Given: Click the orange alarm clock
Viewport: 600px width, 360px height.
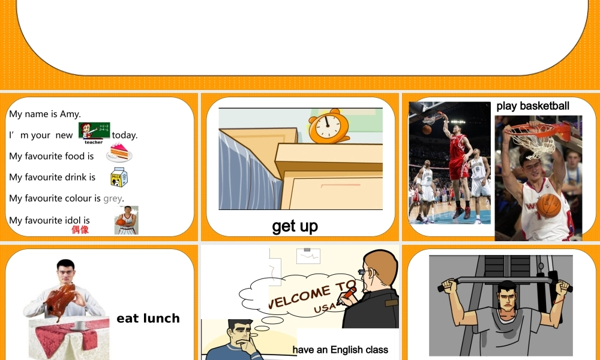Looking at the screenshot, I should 328,127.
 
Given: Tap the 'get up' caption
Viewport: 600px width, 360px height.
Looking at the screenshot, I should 295,226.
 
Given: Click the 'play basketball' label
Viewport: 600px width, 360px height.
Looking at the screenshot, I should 533,106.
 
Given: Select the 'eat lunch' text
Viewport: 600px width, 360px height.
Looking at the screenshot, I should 148,319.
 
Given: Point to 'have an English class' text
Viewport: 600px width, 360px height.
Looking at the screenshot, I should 340,350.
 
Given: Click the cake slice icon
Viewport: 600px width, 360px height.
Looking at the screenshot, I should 119,154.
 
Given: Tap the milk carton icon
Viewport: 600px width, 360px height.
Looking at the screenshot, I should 119,177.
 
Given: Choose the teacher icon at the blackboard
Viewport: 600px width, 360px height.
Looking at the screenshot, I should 94,132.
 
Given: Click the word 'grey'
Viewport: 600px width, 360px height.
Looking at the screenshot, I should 113,199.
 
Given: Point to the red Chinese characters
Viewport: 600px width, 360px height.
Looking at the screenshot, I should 80,230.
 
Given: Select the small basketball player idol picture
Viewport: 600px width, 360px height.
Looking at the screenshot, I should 126,220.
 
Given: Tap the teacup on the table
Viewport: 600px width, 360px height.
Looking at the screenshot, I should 79,325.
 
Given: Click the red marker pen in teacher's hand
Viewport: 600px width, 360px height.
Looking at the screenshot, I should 347,294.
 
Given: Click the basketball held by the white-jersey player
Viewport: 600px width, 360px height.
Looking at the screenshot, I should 548,205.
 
